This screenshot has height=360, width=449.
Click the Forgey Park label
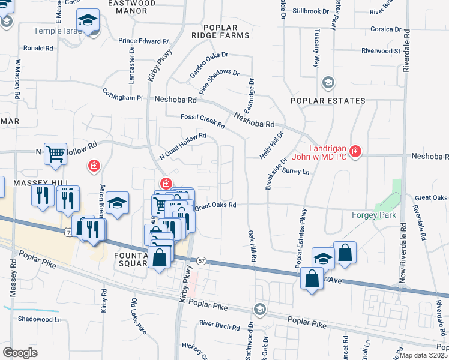coord(374,214)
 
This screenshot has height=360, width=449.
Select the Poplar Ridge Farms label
coord(225,32)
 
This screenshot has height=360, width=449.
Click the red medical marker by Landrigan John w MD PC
coord(355,151)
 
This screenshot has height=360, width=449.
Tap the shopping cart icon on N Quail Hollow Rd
coord(55,154)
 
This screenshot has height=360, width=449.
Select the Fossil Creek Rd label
coord(202,121)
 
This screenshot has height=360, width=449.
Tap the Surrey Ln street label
coord(295,172)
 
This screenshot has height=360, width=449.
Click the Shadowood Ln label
coord(40,319)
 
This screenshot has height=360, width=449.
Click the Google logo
coord(20,353)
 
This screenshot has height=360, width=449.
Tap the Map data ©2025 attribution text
coord(422,355)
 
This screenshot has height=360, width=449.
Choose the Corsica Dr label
coord(385,29)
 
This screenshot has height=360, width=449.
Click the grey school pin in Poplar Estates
coord(328,82)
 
